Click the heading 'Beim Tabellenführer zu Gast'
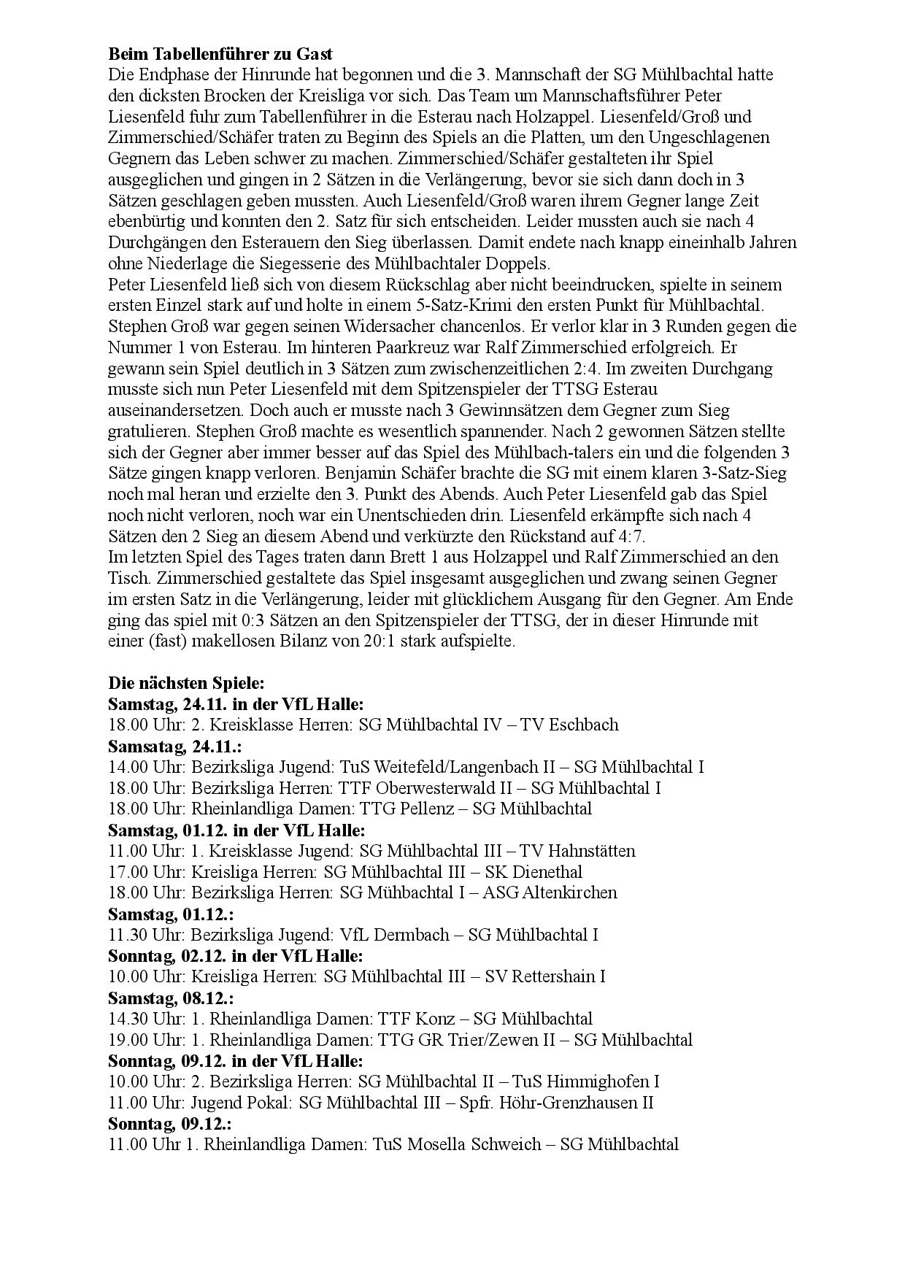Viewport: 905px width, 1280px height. tap(220, 54)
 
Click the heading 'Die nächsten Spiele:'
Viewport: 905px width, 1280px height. tap(186, 683)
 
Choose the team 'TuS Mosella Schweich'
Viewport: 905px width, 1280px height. tap(457, 1144)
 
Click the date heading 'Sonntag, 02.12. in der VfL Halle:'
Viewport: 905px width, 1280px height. tap(235, 956)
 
